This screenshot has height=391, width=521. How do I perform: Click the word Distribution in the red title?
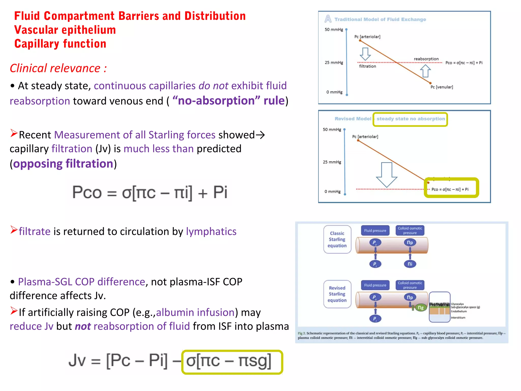tap(215, 16)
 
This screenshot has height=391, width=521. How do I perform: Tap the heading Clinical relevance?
tap(58, 68)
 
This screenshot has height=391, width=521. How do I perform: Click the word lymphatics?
tap(211, 231)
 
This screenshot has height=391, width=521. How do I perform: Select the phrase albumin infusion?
tap(195, 312)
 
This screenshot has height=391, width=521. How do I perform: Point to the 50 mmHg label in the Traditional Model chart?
tap(334, 30)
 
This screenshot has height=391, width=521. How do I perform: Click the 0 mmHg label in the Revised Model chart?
tap(332, 191)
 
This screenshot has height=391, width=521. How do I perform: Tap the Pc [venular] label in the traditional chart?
tap(442, 87)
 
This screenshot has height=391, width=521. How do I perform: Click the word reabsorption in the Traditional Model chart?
tap(426, 59)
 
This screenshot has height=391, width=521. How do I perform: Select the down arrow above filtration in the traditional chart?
tap(365, 54)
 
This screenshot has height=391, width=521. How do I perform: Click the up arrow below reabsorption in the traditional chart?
tap(425, 71)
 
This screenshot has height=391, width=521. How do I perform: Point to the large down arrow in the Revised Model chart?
tap(387, 175)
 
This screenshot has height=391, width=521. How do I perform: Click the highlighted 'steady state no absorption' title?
tap(411, 119)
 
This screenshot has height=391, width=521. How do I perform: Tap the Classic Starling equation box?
tap(337, 239)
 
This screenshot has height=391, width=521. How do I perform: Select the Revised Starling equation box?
tap(337, 294)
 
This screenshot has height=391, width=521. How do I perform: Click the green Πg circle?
tap(421, 308)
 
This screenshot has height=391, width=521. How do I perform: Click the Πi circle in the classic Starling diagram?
tap(410, 264)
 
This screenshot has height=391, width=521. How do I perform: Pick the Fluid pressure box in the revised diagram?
tap(375, 285)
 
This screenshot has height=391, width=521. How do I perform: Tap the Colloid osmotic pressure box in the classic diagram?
tap(410, 230)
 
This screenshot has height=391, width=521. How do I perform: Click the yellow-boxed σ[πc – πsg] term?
tap(232, 362)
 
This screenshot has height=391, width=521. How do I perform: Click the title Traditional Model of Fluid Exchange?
tap(380, 19)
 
